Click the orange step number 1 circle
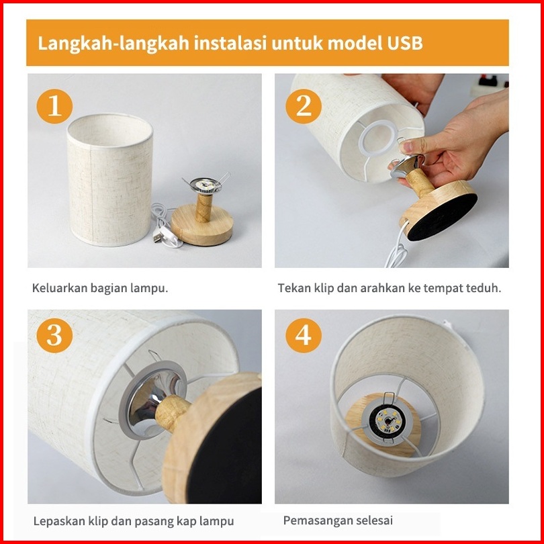click(x=54, y=106)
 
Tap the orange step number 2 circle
click(x=304, y=106)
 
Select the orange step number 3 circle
click(x=54, y=336)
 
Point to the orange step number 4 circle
click(x=304, y=336)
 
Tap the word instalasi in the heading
click(x=230, y=43)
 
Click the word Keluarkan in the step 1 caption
click(x=59, y=288)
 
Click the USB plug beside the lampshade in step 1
click(x=158, y=238)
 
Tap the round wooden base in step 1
click(x=202, y=225)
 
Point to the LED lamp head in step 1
click(x=206, y=185)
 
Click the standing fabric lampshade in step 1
click(x=110, y=180)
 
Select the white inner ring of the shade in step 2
click(x=378, y=138)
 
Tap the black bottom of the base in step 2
click(x=443, y=217)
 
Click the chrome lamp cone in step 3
click(x=152, y=399)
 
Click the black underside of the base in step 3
click(x=225, y=447)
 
